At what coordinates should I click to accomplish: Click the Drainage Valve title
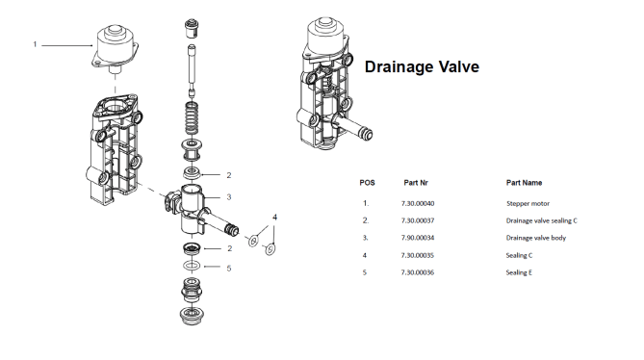tap(422, 67)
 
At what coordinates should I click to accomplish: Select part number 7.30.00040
tap(418, 203)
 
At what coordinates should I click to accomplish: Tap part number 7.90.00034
tap(418, 238)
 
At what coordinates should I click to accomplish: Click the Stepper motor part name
tap(528, 204)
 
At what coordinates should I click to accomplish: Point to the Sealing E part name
tap(519, 272)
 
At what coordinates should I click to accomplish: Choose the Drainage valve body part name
tap(536, 238)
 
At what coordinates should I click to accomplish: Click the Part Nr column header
tap(416, 183)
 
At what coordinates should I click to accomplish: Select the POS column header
tap(367, 183)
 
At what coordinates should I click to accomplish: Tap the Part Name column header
tap(524, 183)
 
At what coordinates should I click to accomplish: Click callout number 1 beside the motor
tap(35, 44)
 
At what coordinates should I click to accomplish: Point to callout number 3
tap(229, 197)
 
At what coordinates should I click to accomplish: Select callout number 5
tap(229, 268)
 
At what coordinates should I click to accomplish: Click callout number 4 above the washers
tap(274, 218)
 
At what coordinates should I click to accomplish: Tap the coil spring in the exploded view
tap(192, 118)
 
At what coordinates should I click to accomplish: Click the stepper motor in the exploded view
tap(115, 49)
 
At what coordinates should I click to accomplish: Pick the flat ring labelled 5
tap(192, 266)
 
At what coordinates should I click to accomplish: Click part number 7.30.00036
tap(418, 272)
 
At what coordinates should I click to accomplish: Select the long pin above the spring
tap(192, 69)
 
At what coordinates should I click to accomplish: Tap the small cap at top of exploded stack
tap(191, 29)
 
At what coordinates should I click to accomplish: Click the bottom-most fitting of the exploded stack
tap(192, 316)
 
